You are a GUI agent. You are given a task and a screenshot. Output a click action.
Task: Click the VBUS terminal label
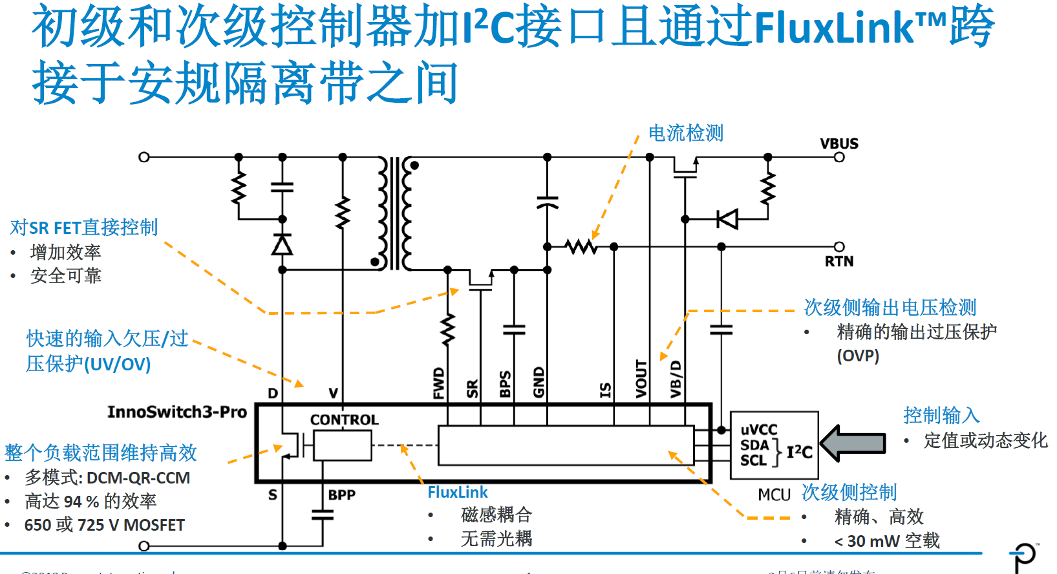tap(838, 143)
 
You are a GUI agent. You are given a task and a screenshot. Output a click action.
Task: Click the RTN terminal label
tap(838, 261)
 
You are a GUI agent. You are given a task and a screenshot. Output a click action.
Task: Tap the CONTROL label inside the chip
tap(344, 420)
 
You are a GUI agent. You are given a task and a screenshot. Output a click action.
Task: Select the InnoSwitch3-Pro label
tap(176, 412)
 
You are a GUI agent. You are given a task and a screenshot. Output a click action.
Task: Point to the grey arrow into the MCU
tap(853, 443)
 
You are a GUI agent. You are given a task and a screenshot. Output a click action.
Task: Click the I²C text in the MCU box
tap(799, 452)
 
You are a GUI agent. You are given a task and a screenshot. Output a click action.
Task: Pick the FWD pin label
tap(439, 383)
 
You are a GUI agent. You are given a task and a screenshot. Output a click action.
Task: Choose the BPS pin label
tap(506, 383)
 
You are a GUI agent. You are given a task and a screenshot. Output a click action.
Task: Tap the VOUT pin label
tap(641, 379)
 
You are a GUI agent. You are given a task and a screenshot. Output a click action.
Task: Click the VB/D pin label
tap(676, 379)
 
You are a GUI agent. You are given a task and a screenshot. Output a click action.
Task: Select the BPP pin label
tap(341, 495)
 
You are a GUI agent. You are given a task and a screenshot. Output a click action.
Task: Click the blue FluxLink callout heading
tap(457, 493)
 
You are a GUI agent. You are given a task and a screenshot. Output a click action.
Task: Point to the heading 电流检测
tap(685, 133)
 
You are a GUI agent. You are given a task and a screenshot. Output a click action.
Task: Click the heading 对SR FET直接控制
tap(84, 228)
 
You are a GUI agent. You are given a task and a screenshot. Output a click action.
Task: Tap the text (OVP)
tap(858, 356)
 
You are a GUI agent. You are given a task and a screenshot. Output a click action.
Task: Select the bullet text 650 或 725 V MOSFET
tap(104, 525)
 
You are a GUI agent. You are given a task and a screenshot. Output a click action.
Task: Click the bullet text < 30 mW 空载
tap(886, 541)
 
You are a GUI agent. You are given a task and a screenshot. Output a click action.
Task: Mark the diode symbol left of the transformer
tap(282, 245)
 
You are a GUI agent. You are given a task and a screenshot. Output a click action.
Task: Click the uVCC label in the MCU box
tap(758, 430)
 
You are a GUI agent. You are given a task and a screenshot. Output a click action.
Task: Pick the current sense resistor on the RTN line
tap(581, 246)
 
